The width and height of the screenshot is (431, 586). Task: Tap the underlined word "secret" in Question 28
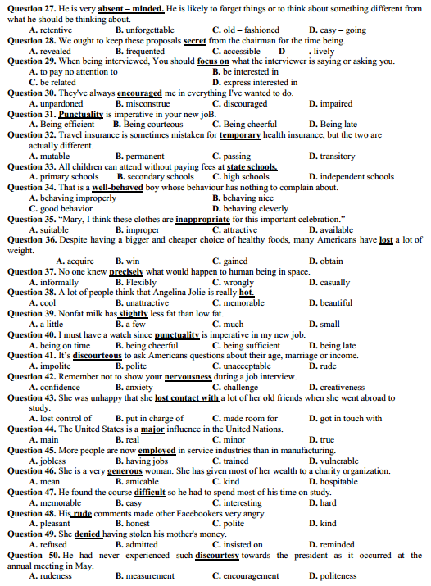click(194, 39)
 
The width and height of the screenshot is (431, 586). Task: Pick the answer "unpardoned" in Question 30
click(61, 104)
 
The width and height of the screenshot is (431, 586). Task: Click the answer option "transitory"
click(337, 156)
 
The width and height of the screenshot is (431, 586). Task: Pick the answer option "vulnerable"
click(343, 461)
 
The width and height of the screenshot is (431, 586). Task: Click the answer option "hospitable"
click(343, 482)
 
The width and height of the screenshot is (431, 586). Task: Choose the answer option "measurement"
click(144, 576)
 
